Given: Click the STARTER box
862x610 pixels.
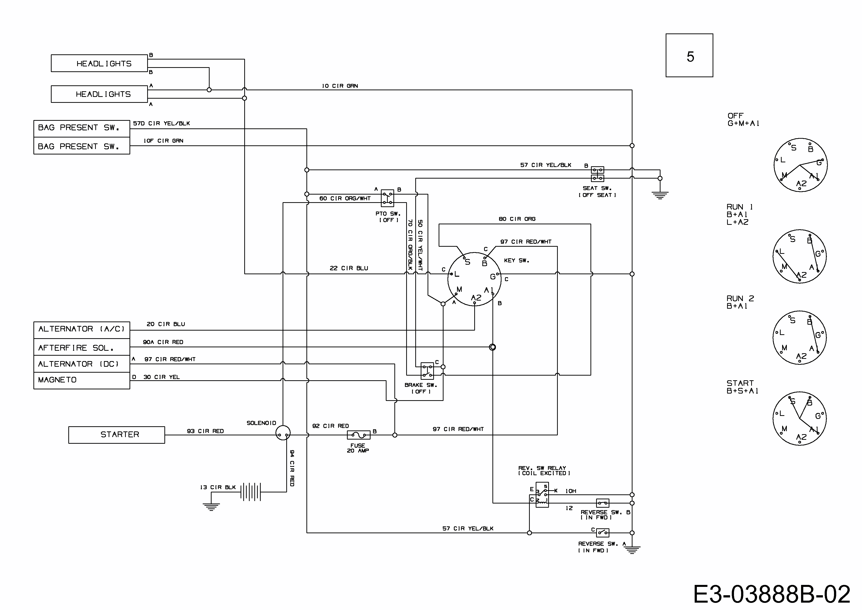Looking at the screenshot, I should tap(116, 435).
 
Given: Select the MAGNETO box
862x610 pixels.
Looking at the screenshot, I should tap(82, 380).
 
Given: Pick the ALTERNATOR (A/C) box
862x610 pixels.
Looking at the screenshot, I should tap(82, 330).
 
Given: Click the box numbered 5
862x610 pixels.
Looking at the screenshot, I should tap(689, 56).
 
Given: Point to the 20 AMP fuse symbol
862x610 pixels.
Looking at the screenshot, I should tap(359, 435).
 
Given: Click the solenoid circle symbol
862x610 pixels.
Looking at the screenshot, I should tap(283, 433).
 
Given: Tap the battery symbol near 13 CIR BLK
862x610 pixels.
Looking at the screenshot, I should tap(250, 492).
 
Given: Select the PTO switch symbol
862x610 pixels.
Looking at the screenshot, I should tap(388, 198).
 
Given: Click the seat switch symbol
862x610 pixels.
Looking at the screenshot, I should tap(597, 174).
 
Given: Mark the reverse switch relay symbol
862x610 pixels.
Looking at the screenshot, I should tap(542, 495).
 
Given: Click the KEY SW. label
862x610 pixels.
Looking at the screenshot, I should tap(516, 260).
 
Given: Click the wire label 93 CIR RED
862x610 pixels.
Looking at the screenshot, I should tap(205, 431).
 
